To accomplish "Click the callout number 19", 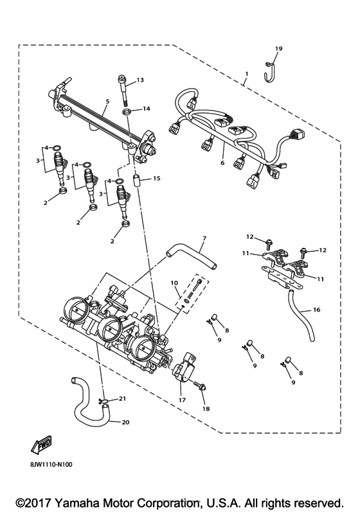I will pos(278,49).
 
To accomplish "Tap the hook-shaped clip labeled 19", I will pos(271,70).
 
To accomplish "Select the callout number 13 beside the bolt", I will pos(140,80).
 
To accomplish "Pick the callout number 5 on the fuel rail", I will pos(107,101).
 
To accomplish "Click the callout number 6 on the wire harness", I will pos(222,164).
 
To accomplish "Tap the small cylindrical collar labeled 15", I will pos(136,180).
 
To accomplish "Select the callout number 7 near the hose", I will pos(203,240).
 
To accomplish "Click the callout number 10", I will pos(174,282).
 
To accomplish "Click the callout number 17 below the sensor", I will pos(182,400).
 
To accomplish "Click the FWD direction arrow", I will pos(40,444).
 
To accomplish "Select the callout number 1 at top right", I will pos(246,82).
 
